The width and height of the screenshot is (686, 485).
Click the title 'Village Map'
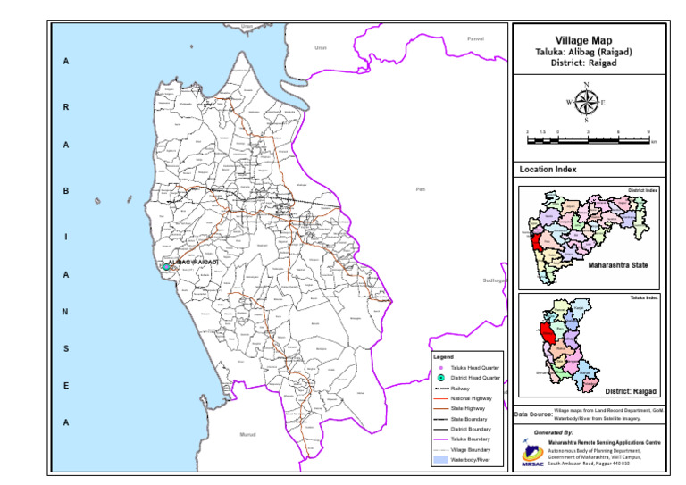(x=588, y=40)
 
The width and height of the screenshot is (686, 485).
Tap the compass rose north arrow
(x=586, y=102)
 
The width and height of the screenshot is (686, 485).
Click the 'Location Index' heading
(x=548, y=169)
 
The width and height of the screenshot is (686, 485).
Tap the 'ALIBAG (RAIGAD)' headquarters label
(x=194, y=262)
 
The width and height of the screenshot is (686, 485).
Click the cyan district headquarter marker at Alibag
(x=166, y=267)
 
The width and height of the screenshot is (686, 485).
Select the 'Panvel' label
(x=475, y=39)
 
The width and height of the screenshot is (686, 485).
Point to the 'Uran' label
(x=321, y=48)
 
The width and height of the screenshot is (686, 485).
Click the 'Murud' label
(x=248, y=434)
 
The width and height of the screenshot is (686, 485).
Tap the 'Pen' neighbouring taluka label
(x=421, y=189)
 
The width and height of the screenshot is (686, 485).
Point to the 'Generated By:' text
(x=553, y=432)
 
